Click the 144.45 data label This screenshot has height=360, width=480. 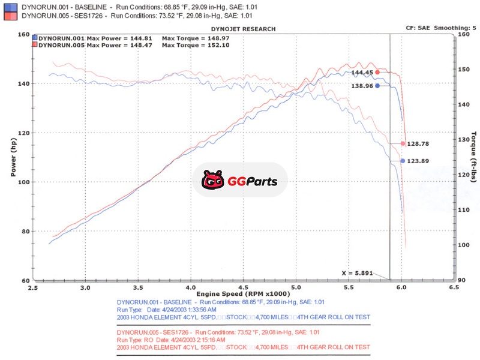click(x=362, y=73)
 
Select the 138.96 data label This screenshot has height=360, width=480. click(x=362, y=86)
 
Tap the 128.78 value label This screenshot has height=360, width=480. click(x=419, y=144)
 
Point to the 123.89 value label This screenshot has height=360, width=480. click(x=419, y=161)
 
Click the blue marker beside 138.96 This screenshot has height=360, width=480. click(x=377, y=86)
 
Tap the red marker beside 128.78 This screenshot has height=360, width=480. click(x=403, y=143)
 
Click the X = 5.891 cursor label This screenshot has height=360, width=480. click(x=358, y=273)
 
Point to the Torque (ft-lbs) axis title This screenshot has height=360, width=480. click(x=473, y=157)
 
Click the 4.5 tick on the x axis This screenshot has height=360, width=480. click(x=243, y=287)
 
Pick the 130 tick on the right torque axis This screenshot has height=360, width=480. click(x=463, y=139)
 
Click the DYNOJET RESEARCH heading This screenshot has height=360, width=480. click(x=244, y=29)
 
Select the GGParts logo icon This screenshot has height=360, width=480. click(x=212, y=180)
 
